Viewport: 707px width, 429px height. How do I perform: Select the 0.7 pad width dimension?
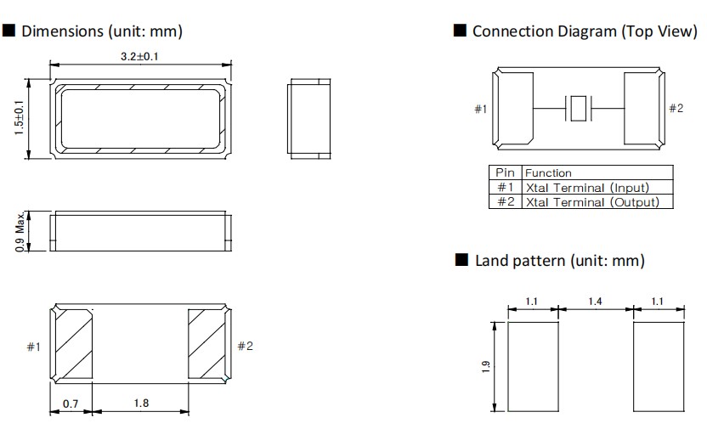pyautogui.click(x=71, y=404)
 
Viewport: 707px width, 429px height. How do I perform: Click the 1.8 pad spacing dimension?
pyautogui.click(x=140, y=404)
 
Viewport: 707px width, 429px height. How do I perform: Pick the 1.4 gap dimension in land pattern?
pyautogui.click(x=596, y=301)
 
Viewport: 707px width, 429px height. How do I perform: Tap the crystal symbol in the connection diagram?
pyautogui.click(x=578, y=109)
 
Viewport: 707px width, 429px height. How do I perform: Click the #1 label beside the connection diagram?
pyautogui.click(x=481, y=110)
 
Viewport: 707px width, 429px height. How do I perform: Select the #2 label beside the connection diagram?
pyautogui.click(x=676, y=109)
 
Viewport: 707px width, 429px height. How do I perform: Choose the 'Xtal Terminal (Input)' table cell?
pyautogui.click(x=587, y=187)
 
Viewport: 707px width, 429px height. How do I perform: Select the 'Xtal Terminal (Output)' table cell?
pyautogui.click(x=591, y=201)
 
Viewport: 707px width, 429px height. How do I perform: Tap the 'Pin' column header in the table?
pyautogui.click(x=505, y=172)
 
